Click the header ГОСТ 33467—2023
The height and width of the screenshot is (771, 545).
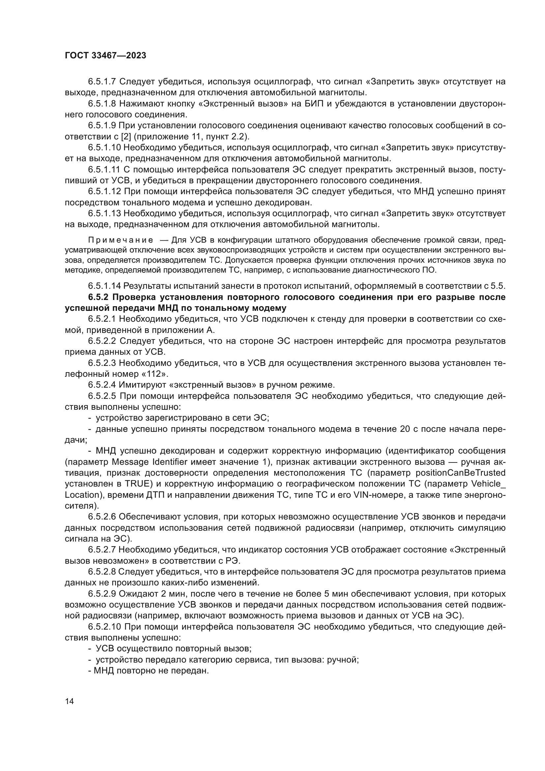click(x=105, y=56)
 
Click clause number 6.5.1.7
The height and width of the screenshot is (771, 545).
click(x=102, y=82)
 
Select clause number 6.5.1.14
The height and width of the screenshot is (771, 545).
click(x=104, y=286)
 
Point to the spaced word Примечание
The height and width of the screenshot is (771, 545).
click(x=121, y=240)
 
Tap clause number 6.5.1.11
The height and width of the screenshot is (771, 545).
click(x=104, y=169)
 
